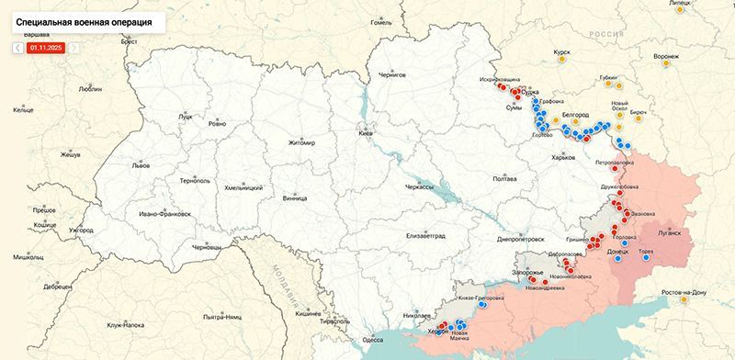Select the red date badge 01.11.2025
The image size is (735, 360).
[x=45, y=47]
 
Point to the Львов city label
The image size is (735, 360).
[x=141, y=166]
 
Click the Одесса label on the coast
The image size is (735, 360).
[x=372, y=339]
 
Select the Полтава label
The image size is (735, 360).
[x=504, y=179]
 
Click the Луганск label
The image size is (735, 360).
[x=670, y=232]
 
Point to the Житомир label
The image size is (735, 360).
[x=301, y=143]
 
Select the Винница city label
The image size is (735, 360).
[x=295, y=197]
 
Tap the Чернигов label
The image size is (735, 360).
[x=391, y=75]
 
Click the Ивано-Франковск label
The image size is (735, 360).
[x=164, y=213]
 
